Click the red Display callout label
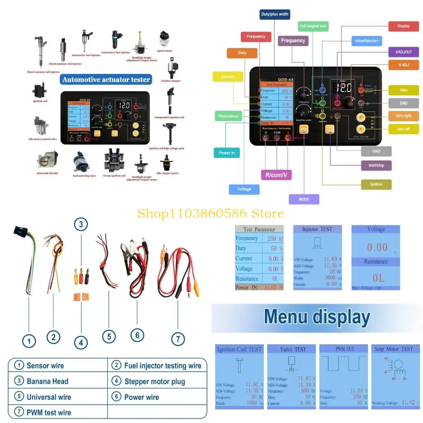click(404, 26)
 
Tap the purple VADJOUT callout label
click(404, 52)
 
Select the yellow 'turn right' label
click(404, 116)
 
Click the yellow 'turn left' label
click(404, 129)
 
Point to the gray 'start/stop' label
click(376, 165)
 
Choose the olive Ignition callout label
click(376, 184)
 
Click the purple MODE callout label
click(304, 200)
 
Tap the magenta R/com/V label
click(276, 175)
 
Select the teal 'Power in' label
click(227, 153)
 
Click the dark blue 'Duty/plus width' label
click(275, 14)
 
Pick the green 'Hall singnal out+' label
click(313, 26)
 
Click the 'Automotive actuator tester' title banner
click(106, 79)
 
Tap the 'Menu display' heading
click(317, 317)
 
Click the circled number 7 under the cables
click(178, 339)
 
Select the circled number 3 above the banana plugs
click(81, 225)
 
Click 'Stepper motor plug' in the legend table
click(154, 381)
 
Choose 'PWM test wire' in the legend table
click(49, 412)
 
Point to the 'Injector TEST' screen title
click(317, 229)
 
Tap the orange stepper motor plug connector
click(81, 296)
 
